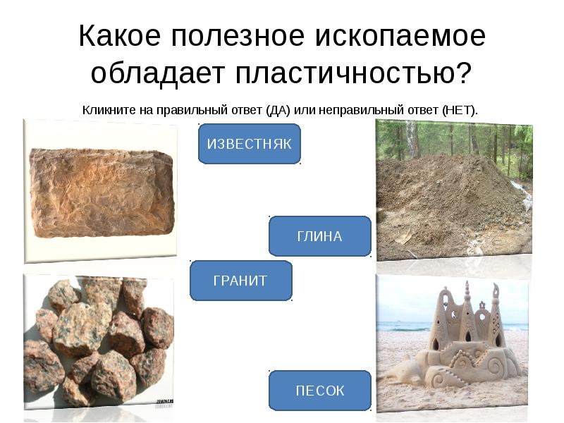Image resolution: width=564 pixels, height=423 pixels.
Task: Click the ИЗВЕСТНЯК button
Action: click(249, 144)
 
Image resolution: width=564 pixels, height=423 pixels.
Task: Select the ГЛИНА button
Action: click(319, 236)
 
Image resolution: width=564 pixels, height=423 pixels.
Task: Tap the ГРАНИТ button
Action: click(240, 281)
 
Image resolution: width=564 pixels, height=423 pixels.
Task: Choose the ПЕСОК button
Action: click(319, 390)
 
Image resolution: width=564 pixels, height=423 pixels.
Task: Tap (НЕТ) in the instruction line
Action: click(460, 110)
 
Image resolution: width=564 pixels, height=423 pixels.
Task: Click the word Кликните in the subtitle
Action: click(107, 110)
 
